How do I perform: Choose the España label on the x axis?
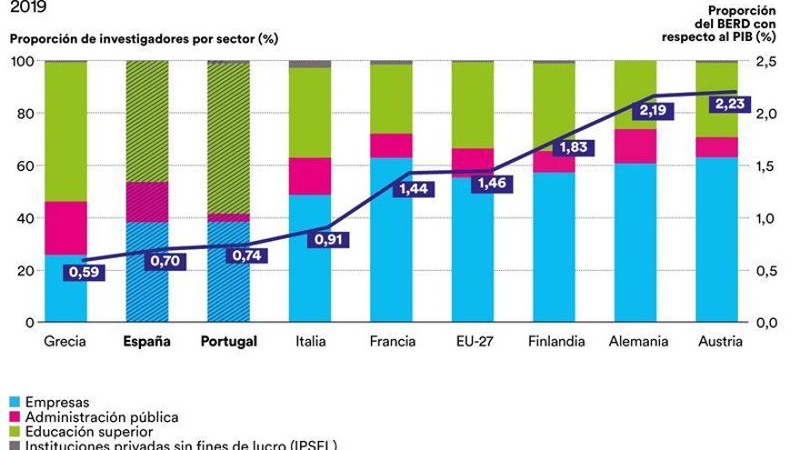coord(146,342)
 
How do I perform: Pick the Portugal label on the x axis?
coord(228,342)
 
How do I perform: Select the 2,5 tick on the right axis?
coord(768,61)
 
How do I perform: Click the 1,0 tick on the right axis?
coord(768,218)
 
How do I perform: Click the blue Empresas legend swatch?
coord(14,401)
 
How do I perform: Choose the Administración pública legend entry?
coord(101,416)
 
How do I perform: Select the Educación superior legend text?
coord(88,431)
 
